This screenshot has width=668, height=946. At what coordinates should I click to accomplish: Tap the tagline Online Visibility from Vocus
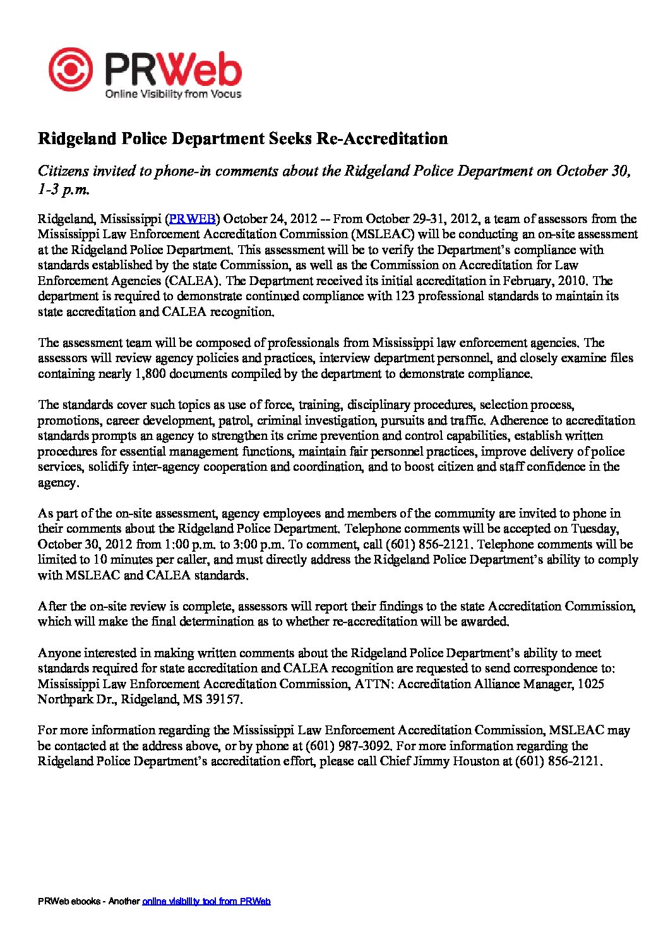click(x=172, y=94)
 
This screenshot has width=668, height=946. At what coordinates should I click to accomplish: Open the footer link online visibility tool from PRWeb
click(x=206, y=901)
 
